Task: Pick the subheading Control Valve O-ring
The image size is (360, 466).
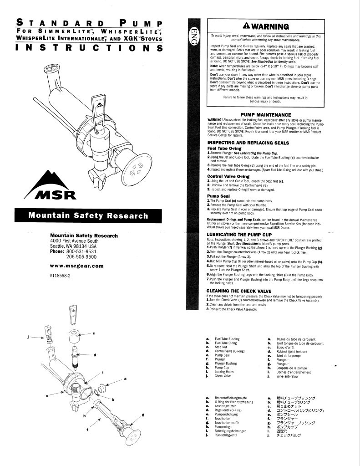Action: [228, 176]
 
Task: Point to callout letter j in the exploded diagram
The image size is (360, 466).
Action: [28, 338]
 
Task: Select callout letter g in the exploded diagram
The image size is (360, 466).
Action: [143, 415]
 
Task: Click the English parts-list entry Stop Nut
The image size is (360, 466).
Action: [221, 347]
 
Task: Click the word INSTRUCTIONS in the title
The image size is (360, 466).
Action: [89, 48]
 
